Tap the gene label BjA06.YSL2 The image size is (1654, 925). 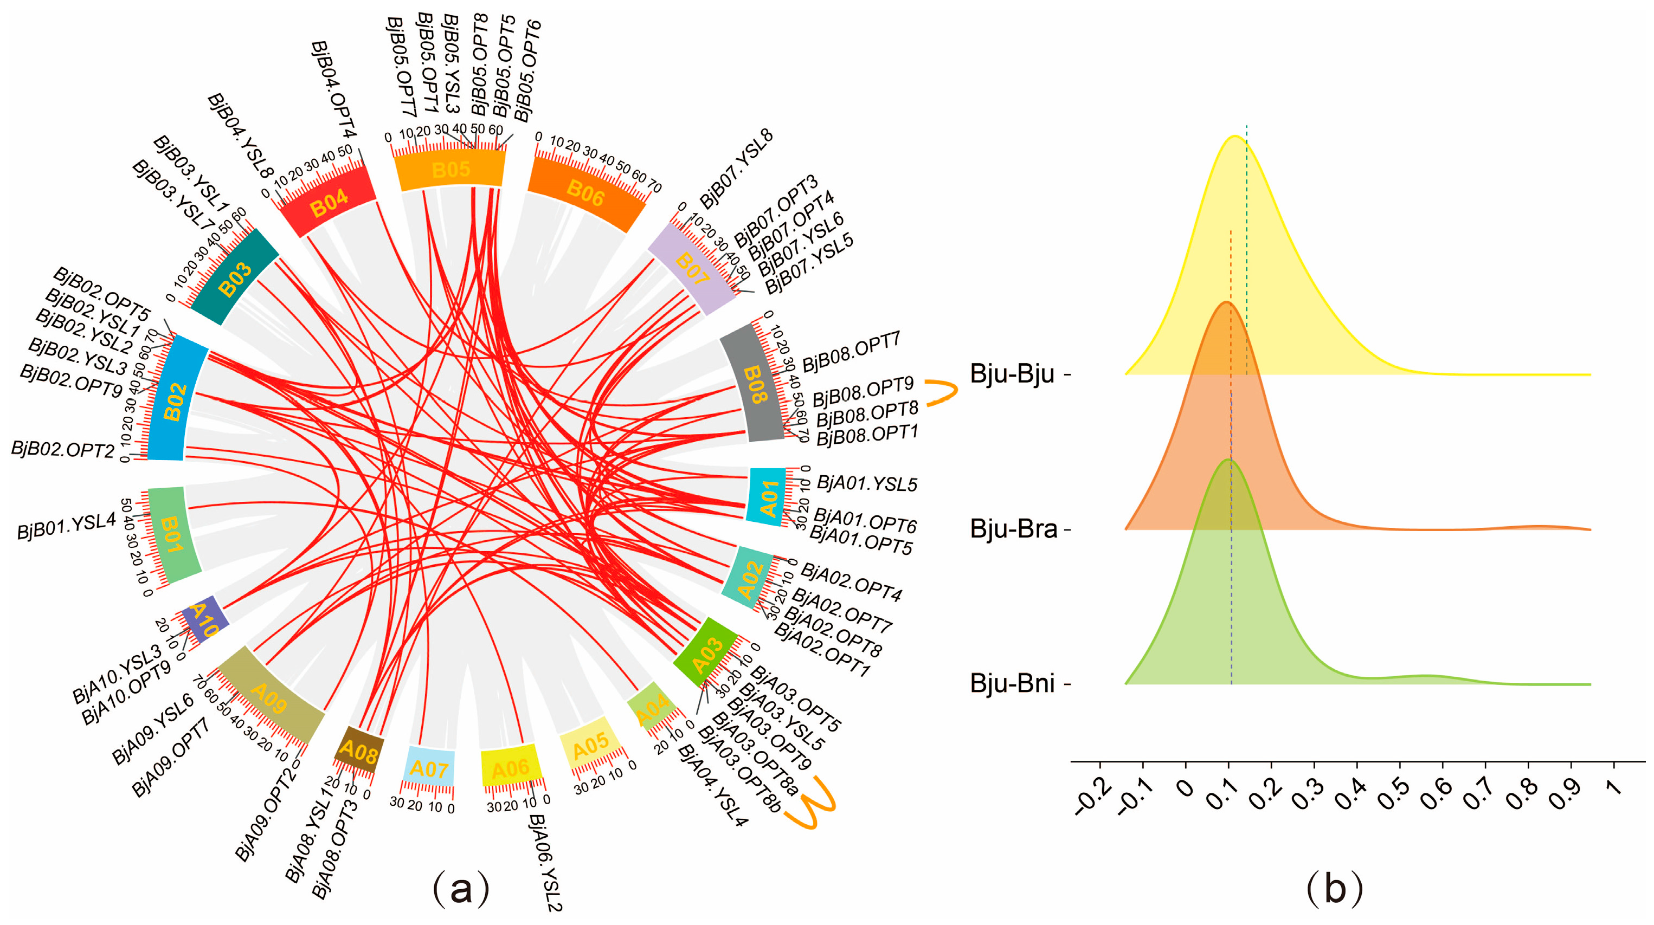(544, 862)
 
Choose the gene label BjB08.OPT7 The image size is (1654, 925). (852, 352)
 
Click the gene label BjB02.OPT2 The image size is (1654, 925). (62, 449)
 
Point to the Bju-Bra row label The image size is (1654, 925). (1013, 529)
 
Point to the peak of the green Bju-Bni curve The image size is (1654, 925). (1228, 460)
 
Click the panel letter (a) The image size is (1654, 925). (461, 890)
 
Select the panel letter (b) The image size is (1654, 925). (1334, 890)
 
